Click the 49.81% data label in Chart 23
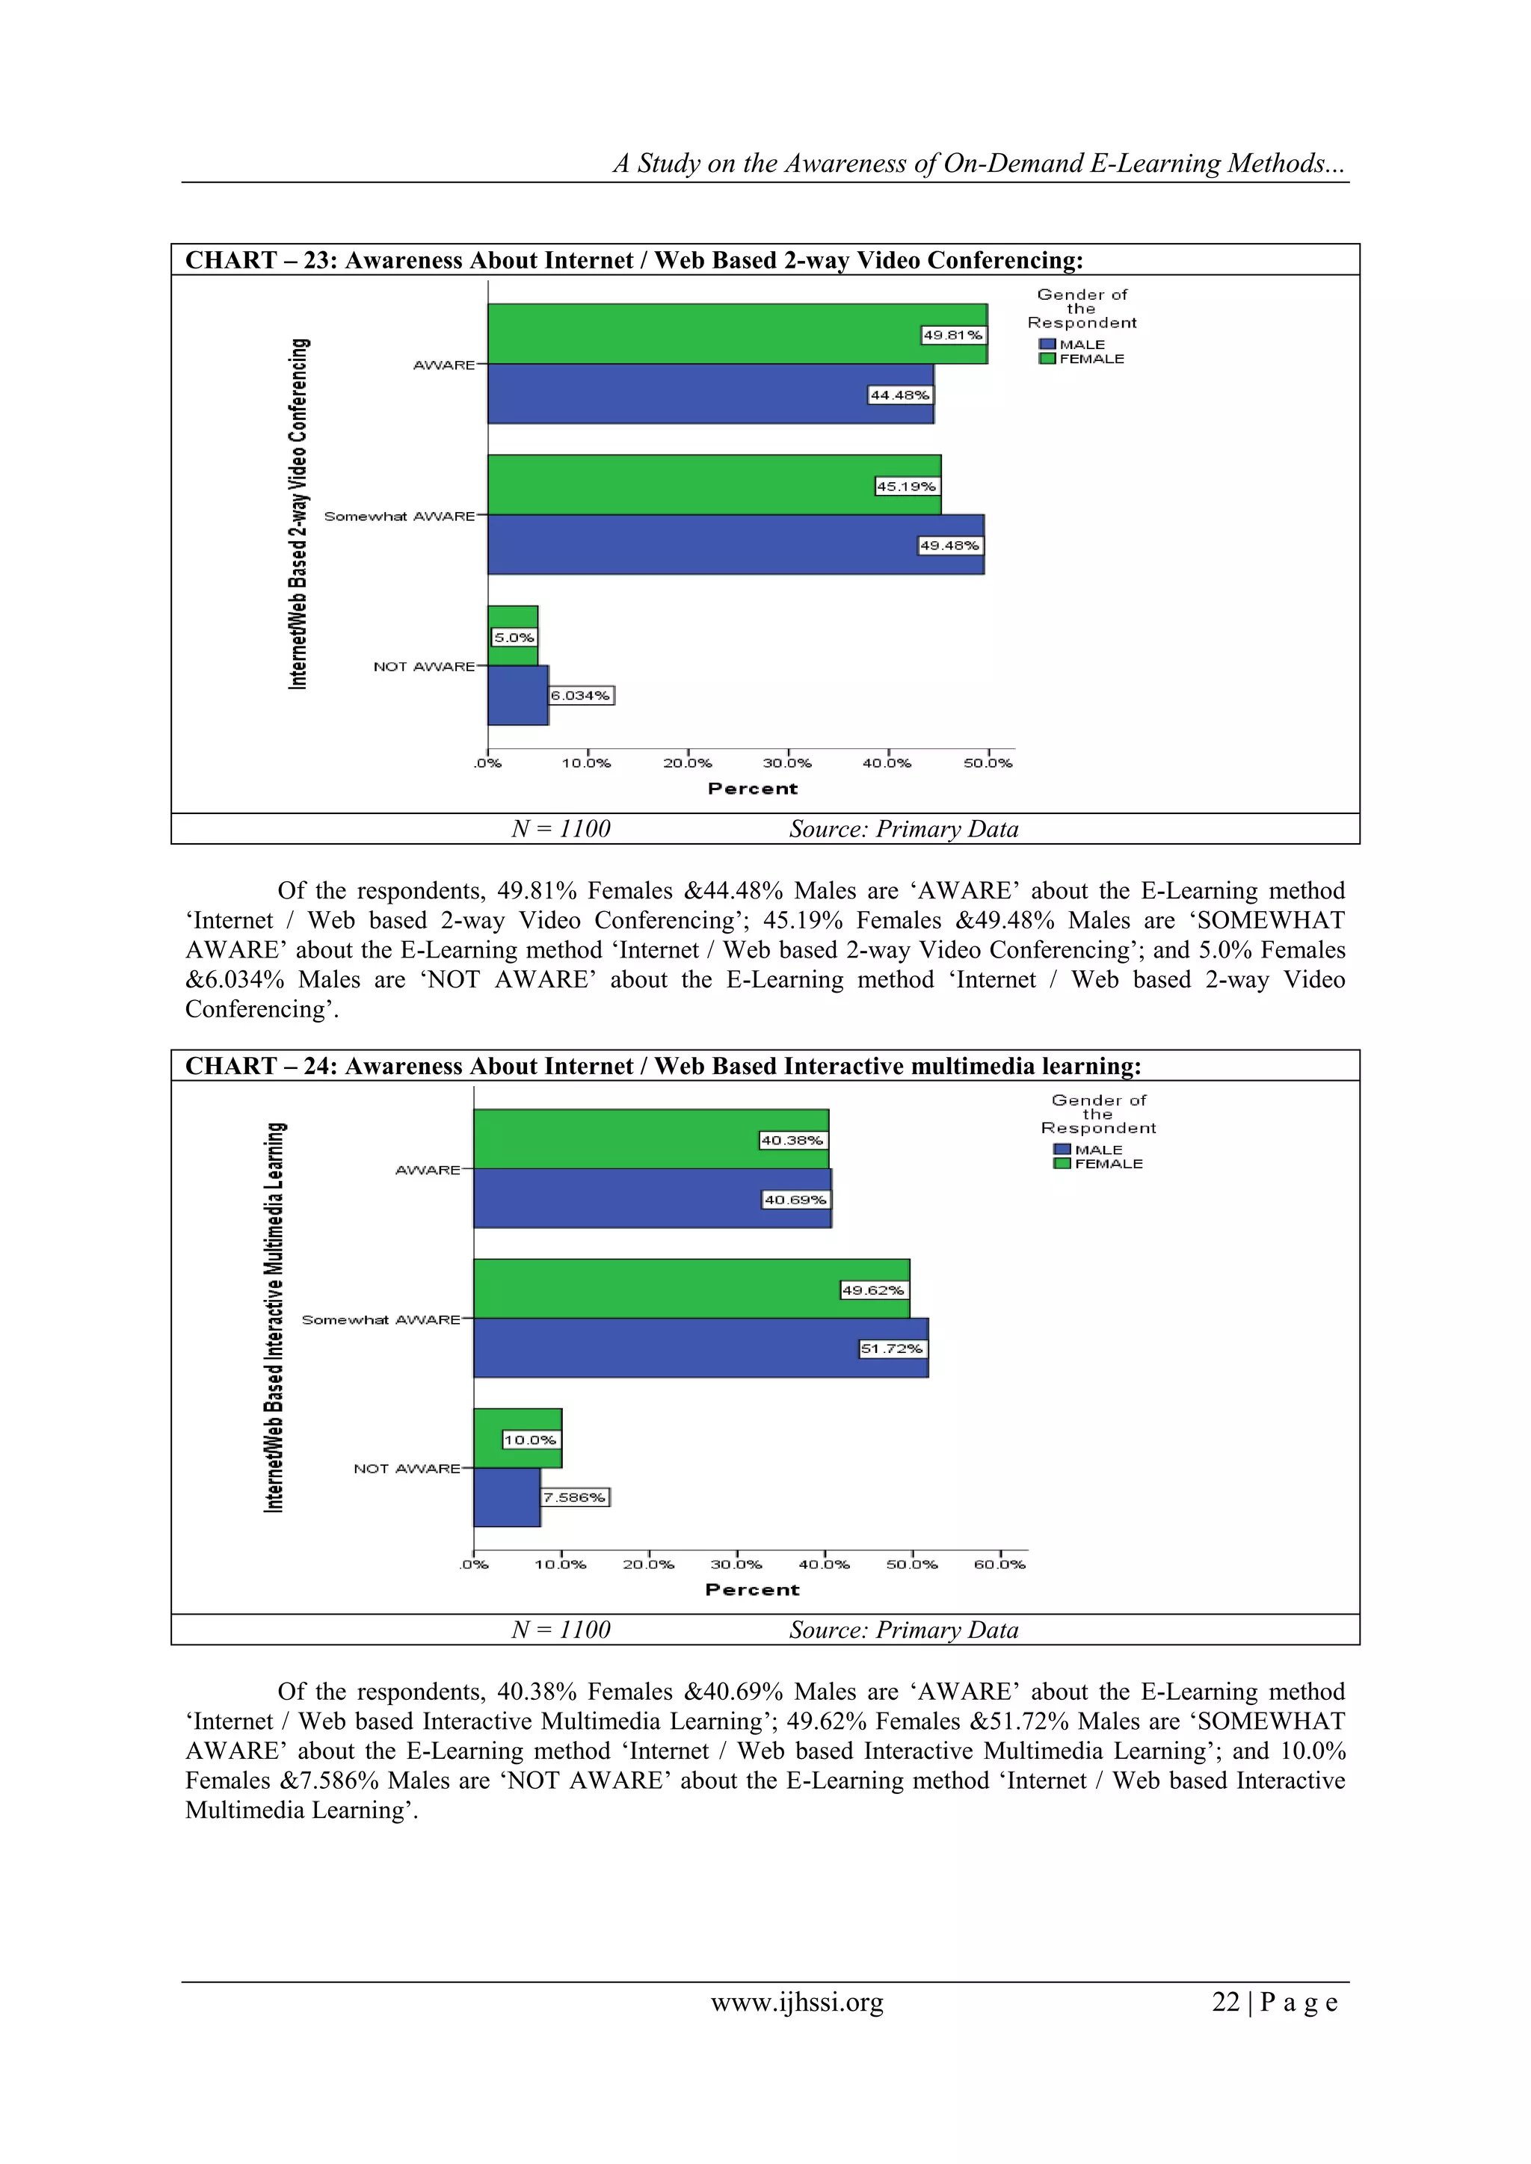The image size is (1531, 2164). pos(952,335)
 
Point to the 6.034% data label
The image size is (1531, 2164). pos(581,696)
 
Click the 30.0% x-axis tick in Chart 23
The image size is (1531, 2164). pos(787,762)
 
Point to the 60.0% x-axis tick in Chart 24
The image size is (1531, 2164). pos(999,1564)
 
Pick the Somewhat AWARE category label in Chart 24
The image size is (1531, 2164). pos(381,1319)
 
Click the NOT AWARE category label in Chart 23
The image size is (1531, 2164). pos(423,666)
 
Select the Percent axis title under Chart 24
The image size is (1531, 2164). pos(752,1589)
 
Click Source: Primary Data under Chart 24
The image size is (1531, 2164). pos(903,1630)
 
